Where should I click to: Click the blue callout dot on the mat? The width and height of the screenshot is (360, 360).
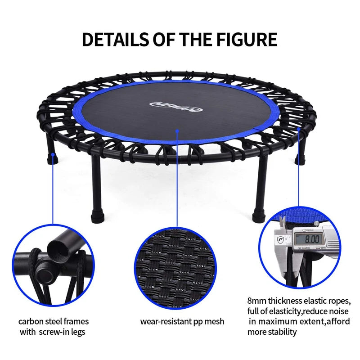(178, 131)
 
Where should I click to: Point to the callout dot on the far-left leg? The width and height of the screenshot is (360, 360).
(53, 155)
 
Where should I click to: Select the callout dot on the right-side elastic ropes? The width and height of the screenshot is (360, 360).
(298, 129)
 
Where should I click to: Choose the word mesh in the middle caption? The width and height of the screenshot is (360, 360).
(215, 321)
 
